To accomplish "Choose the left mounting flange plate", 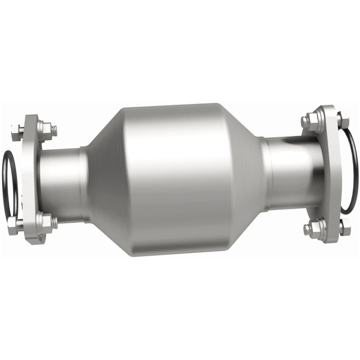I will tap(31, 180).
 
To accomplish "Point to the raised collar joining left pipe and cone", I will tap(83, 184).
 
